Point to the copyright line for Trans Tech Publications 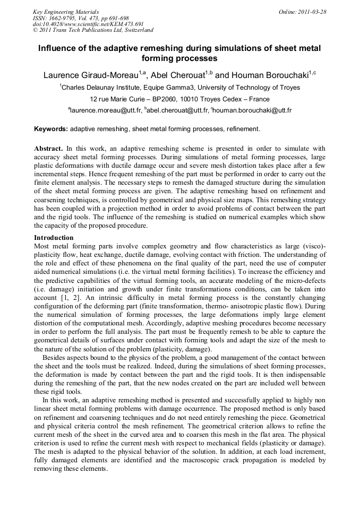tap(93, 31)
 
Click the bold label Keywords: tap(51, 129)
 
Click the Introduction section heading tap(54, 238)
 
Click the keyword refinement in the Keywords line tap(242, 129)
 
